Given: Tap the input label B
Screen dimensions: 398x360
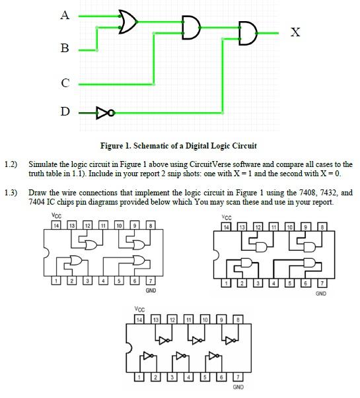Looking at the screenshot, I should pos(65,49).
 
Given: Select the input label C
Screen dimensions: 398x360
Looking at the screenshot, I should pos(65,83).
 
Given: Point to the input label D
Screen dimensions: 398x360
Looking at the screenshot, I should pos(65,112).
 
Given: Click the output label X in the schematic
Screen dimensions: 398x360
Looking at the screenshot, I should pos(296,32).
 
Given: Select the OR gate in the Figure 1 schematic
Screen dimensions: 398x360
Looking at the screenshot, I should pos(127,22).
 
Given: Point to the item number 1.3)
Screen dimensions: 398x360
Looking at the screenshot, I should pos(11,193).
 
